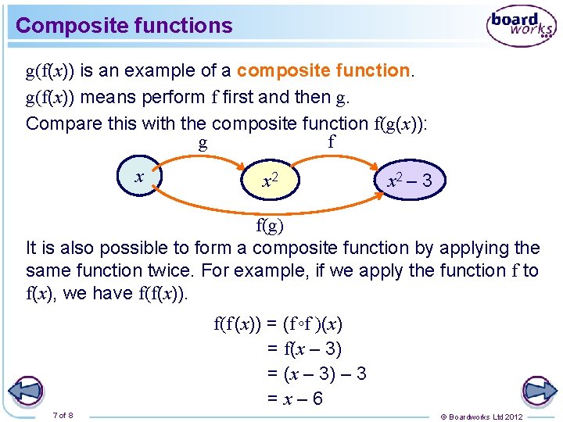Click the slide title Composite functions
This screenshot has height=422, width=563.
(x=124, y=26)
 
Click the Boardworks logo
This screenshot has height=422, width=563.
(x=522, y=25)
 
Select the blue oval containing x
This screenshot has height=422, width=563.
(x=140, y=177)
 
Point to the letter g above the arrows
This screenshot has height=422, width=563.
(x=203, y=143)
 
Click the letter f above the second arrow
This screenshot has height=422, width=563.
(x=331, y=141)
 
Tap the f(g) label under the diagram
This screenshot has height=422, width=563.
(x=271, y=227)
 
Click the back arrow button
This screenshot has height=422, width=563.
(x=27, y=391)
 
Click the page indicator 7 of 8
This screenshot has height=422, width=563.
(x=63, y=414)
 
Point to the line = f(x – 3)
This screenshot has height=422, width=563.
(x=304, y=349)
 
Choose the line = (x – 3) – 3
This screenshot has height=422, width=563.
(x=317, y=374)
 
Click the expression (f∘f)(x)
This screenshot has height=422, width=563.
(x=312, y=323)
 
